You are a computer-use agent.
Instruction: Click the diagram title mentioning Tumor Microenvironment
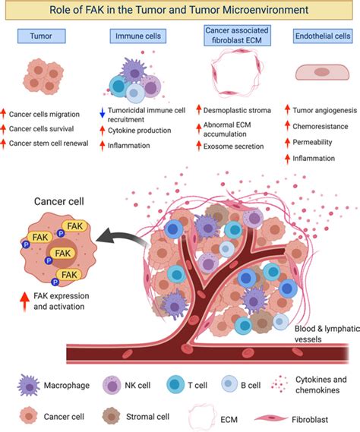pyautogui.click(x=181, y=11)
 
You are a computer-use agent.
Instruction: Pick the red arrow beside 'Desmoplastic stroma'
pyautogui.click(x=200, y=110)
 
